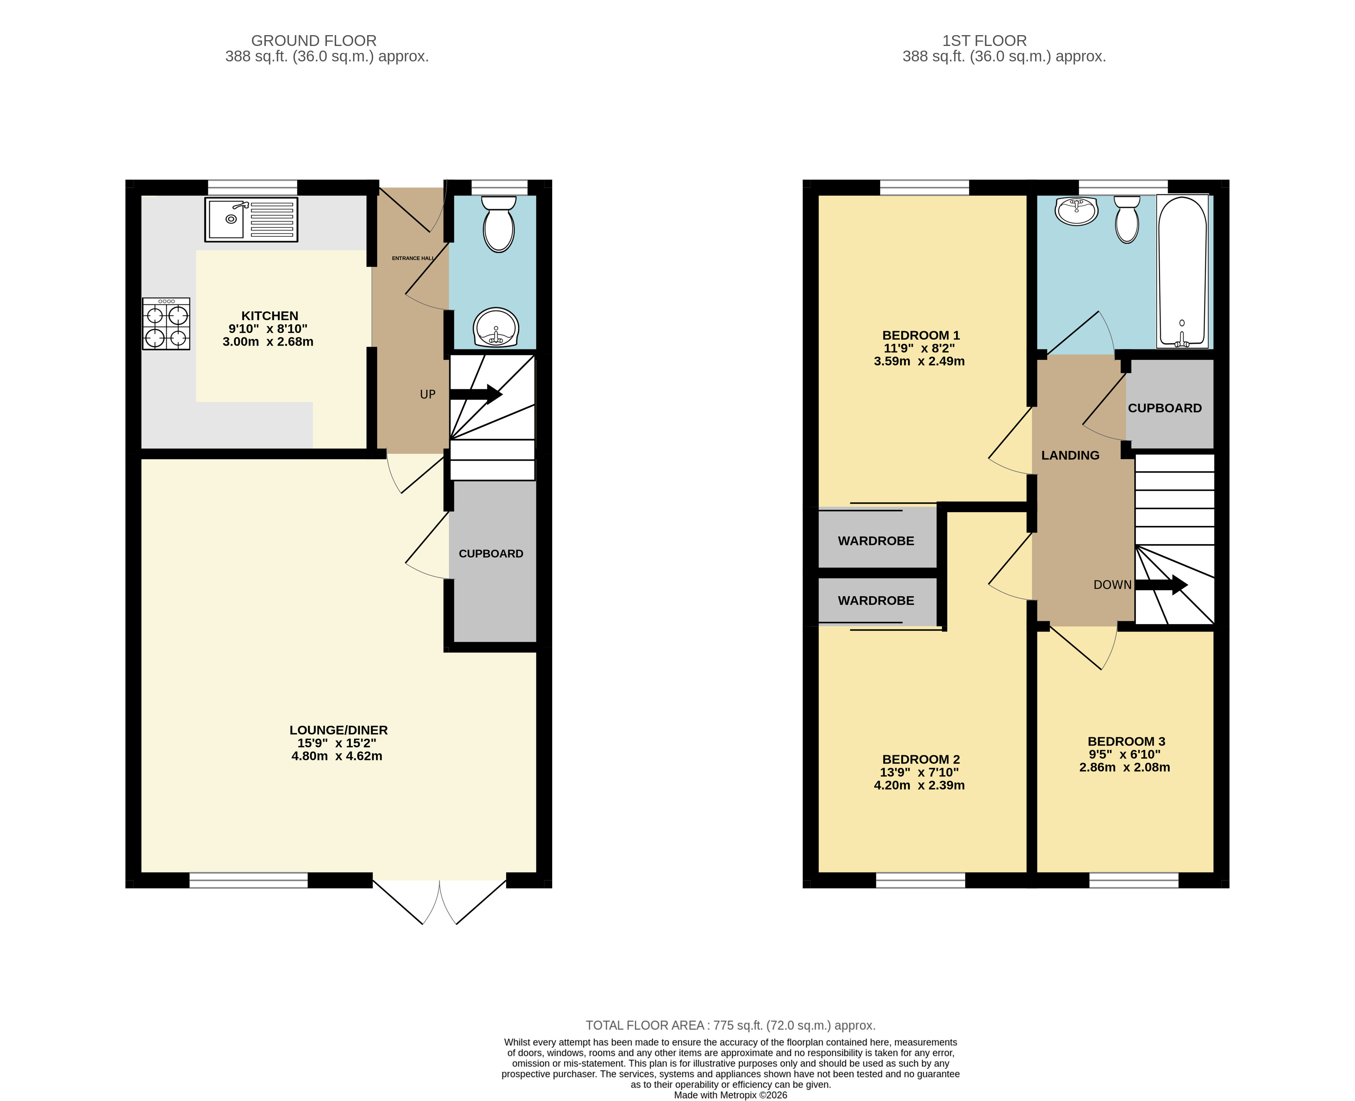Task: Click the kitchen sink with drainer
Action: click(251, 219)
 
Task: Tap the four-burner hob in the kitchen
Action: click(166, 324)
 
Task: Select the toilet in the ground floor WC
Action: click(498, 224)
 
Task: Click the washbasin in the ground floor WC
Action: click(496, 327)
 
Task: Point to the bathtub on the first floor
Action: click(1182, 271)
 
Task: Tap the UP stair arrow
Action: click(476, 394)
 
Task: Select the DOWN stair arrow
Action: click(1161, 585)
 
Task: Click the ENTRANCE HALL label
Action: click(413, 258)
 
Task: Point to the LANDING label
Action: click(1070, 455)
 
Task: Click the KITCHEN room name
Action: click(270, 316)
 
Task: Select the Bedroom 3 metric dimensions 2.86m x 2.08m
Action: click(1125, 767)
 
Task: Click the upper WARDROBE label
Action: click(876, 541)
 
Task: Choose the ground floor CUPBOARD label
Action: click(491, 554)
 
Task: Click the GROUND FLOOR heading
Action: click(314, 41)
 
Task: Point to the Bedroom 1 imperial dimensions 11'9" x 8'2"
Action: click(919, 348)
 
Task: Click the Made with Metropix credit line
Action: click(731, 1095)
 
